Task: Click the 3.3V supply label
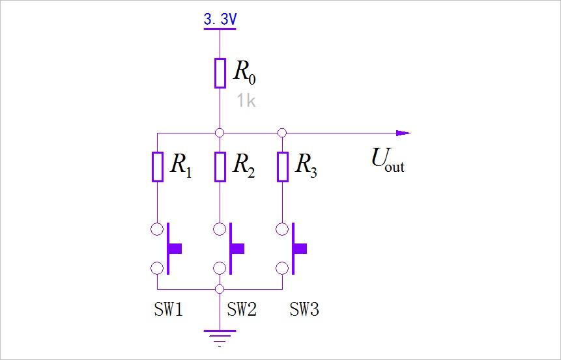[x=220, y=19]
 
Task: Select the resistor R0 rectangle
[x=220, y=73]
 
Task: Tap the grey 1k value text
[x=246, y=100]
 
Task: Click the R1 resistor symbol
[x=158, y=167]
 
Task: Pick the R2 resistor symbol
[x=220, y=167]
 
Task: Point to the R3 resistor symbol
[x=283, y=167]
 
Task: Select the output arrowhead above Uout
[x=403, y=133]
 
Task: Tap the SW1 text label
[x=169, y=309]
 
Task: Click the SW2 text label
[x=242, y=309]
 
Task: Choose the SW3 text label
[x=304, y=309]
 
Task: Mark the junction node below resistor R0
[x=220, y=133]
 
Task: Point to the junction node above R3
[x=282, y=133]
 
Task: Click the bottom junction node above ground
[x=220, y=289]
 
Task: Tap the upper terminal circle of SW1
[x=157, y=228]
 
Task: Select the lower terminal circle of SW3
[x=282, y=268]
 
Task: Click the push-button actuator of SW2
[x=237, y=249]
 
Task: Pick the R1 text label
[x=180, y=165]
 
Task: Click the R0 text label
[x=245, y=72]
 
